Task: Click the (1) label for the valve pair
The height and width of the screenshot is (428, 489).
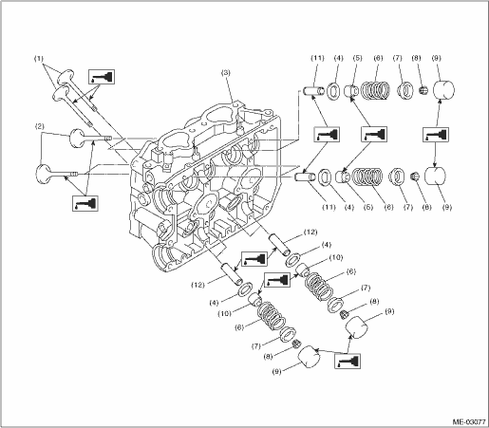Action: pyautogui.click(x=39, y=59)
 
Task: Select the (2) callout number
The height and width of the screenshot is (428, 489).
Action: pyautogui.click(x=39, y=126)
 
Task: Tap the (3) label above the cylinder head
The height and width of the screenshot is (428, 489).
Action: pyautogui.click(x=226, y=72)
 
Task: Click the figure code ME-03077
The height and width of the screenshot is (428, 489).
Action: pyautogui.click(x=469, y=422)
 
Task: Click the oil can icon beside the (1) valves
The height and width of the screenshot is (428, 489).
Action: pyautogui.click(x=102, y=77)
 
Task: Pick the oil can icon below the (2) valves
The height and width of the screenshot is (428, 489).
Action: pyautogui.click(x=85, y=203)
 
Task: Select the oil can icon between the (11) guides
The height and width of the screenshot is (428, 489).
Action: pyautogui.click(x=327, y=135)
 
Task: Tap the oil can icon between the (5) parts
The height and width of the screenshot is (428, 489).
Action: pyautogui.click(x=374, y=135)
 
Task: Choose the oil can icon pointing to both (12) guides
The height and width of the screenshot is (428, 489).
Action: pyautogui.click(x=254, y=259)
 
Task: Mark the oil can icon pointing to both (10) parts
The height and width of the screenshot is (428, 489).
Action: pyautogui.click(x=277, y=281)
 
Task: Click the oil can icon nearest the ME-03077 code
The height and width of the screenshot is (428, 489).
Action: pyautogui.click(x=348, y=362)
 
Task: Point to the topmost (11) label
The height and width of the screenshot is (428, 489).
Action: pyautogui.click(x=317, y=58)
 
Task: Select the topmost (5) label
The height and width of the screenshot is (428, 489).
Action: pyautogui.click(x=357, y=58)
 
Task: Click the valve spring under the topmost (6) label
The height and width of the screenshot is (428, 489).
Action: pyautogui.click(x=375, y=90)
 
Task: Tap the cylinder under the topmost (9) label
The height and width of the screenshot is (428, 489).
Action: pyautogui.click(x=443, y=90)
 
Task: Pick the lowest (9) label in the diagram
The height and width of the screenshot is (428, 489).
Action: pyautogui.click(x=276, y=372)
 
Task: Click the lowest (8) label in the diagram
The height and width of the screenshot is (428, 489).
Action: pyautogui.click(x=268, y=357)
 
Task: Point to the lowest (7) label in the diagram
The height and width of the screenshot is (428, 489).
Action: pyautogui.click(x=255, y=346)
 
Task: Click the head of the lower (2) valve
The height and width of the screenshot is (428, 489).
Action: pyautogui.click(x=43, y=174)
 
